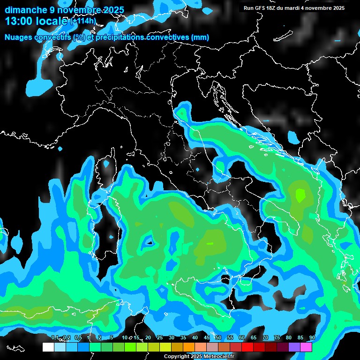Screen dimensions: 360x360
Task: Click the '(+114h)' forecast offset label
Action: click(83, 22)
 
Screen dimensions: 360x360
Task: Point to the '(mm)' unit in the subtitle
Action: click(200, 37)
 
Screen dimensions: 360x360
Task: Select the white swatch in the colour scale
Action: click(48, 347)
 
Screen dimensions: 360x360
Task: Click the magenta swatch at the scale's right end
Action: click(306, 347)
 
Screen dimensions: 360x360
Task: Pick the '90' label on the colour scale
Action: click(312, 338)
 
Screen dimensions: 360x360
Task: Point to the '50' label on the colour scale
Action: click(218, 338)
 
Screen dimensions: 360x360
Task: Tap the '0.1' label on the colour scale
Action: click(55, 338)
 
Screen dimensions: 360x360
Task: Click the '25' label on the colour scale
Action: click(159, 338)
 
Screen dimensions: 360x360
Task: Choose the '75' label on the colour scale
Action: click(277, 338)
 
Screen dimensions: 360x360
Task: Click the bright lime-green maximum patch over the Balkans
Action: click(300, 194)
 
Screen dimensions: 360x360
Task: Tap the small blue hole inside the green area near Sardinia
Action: click(149, 242)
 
